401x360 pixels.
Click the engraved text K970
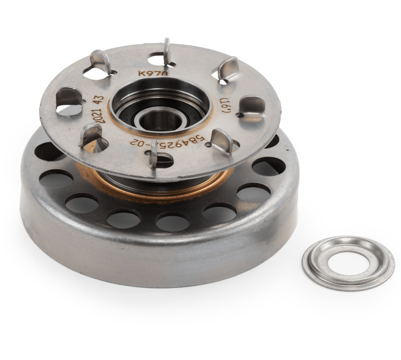pos(153,73)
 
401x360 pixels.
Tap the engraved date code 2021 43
pos(100,109)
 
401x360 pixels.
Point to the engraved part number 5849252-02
pos(167,141)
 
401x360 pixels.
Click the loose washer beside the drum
pos(348,263)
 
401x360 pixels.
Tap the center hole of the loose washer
pos(348,263)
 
